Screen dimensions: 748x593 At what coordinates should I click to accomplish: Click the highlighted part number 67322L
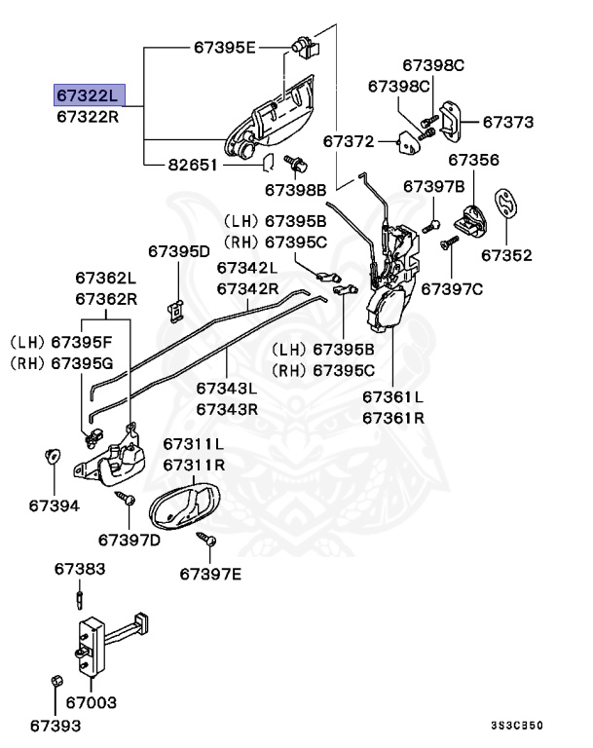pos(87,94)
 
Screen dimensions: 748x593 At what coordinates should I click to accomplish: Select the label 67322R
pos(87,117)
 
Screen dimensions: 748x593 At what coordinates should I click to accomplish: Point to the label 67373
pos(508,123)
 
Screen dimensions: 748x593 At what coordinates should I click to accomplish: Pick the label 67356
pos(474,160)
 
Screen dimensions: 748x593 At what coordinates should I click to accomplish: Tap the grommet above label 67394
pos(53,456)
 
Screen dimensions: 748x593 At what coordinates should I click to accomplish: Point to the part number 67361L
pos(393,397)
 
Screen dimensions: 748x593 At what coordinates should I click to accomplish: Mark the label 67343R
pos(227,409)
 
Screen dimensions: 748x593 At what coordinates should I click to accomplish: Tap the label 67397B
pos(434,185)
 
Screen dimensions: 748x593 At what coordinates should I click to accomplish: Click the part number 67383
pos(80,568)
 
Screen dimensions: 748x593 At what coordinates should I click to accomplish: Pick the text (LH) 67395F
pos(61,342)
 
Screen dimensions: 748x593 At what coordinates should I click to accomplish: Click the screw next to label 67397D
pos(125,498)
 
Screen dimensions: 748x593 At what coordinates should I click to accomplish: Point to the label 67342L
pos(247,267)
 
